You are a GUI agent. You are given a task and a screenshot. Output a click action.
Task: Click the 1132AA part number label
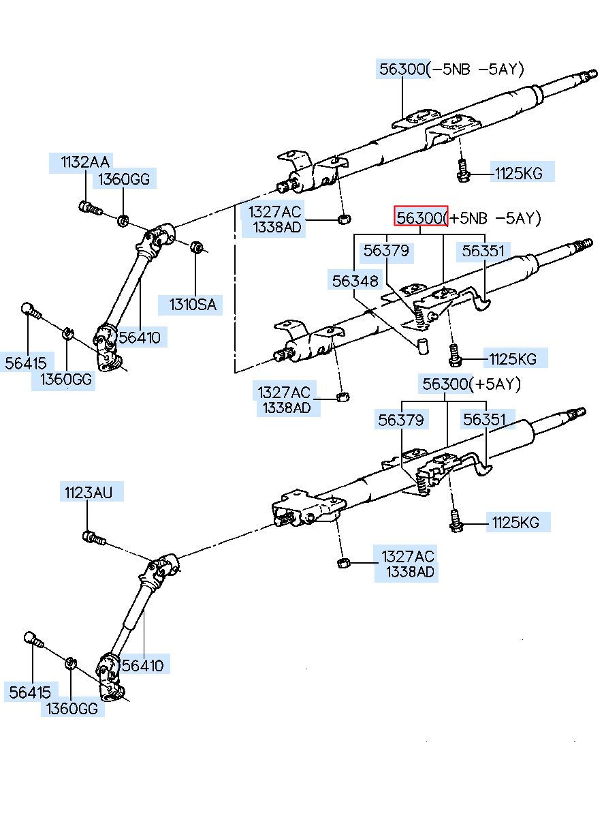pyautogui.click(x=84, y=162)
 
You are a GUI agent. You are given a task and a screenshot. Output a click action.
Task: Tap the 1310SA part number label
pyautogui.click(x=192, y=305)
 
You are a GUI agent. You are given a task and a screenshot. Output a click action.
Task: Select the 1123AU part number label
pyautogui.click(x=88, y=493)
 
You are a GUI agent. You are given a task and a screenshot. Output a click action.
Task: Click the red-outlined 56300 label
pyautogui.click(x=421, y=217)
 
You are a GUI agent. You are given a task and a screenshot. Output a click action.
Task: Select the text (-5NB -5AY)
pyautogui.click(x=475, y=70)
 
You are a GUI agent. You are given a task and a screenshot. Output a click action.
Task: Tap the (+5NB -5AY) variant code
pyautogui.click(x=494, y=218)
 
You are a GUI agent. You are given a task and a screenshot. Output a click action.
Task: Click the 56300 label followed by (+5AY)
pyautogui.click(x=445, y=384)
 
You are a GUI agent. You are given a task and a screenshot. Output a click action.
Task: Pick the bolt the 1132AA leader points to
pyautogui.click(x=91, y=208)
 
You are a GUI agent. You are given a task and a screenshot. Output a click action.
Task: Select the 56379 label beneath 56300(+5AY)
pyautogui.click(x=400, y=420)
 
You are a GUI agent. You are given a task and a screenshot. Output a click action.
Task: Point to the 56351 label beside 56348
pyautogui.click(x=483, y=251)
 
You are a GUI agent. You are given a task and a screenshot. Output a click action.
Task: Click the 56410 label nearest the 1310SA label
pyautogui.click(x=140, y=337)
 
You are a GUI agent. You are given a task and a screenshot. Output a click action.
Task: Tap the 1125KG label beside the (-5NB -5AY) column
pyautogui.click(x=519, y=173)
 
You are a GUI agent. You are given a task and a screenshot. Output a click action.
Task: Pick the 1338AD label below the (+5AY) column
pyautogui.click(x=410, y=572)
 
